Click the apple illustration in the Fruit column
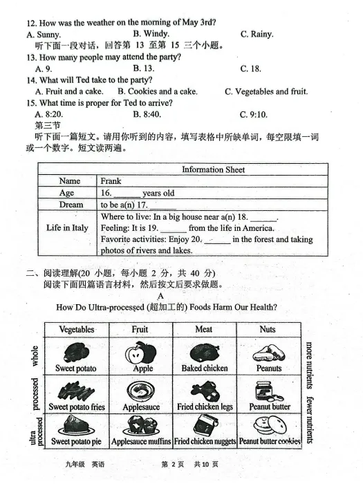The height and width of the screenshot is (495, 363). coord(140,352)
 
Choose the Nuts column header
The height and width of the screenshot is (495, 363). coord(268,329)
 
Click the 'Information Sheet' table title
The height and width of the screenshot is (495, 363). coord(213,169)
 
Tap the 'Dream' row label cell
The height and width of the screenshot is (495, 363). coord(71,205)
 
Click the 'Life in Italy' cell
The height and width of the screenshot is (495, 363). coord(67,227)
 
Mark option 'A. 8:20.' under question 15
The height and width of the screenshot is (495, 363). coord(45,114)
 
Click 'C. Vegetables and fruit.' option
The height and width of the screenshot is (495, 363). coord(266,91)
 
